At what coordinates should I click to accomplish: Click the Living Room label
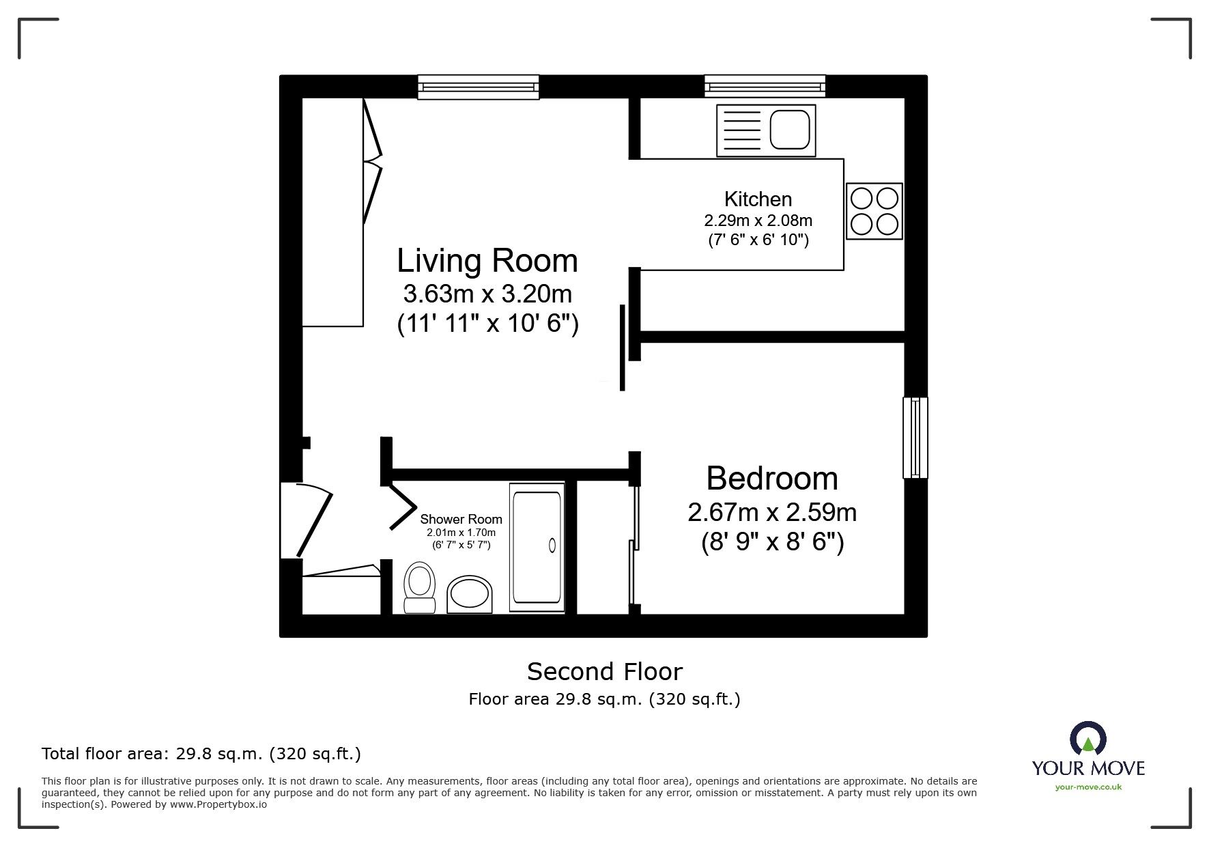[487, 261]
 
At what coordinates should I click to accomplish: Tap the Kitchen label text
[758, 199]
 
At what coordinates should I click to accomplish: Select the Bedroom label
[771, 478]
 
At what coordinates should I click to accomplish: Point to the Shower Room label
[461, 520]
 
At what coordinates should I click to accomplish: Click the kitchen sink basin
[790, 130]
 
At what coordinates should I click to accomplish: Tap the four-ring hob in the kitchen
[874, 211]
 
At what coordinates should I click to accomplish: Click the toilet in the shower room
[419, 588]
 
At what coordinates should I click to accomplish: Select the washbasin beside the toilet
[470, 594]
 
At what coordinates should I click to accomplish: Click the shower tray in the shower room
[537, 546]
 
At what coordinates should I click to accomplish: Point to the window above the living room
[478, 87]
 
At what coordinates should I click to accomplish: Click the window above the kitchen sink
[765, 87]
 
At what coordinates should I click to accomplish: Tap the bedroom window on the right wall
[915, 437]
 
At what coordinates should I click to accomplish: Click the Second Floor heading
[604, 672]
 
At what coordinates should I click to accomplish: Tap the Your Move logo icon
[1088, 739]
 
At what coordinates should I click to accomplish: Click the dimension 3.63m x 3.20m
[487, 294]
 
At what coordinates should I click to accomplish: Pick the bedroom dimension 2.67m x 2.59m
[771, 512]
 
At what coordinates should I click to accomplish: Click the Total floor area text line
[201, 754]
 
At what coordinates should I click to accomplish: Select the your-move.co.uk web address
[1088, 787]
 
